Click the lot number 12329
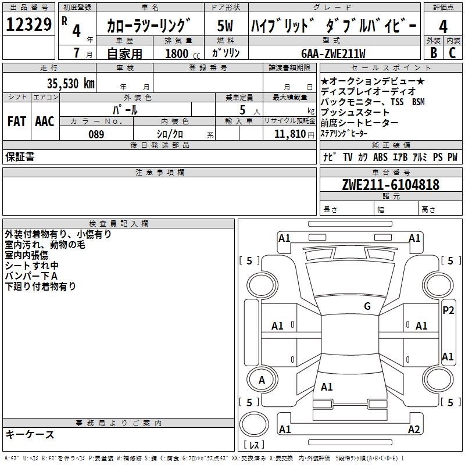(28, 26)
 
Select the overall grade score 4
(443, 27)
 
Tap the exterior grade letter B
(434, 53)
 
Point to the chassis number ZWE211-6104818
(391, 185)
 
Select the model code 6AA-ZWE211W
(334, 53)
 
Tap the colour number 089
(96, 134)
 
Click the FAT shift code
(16, 121)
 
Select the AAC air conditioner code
(44, 121)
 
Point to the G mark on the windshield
(367, 306)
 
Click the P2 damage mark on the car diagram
(448, 310)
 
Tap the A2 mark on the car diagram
(414, 430)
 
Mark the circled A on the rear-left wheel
(262, 380)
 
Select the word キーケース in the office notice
(30, 435)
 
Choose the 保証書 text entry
(20, 157)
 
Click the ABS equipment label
(380, 157)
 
